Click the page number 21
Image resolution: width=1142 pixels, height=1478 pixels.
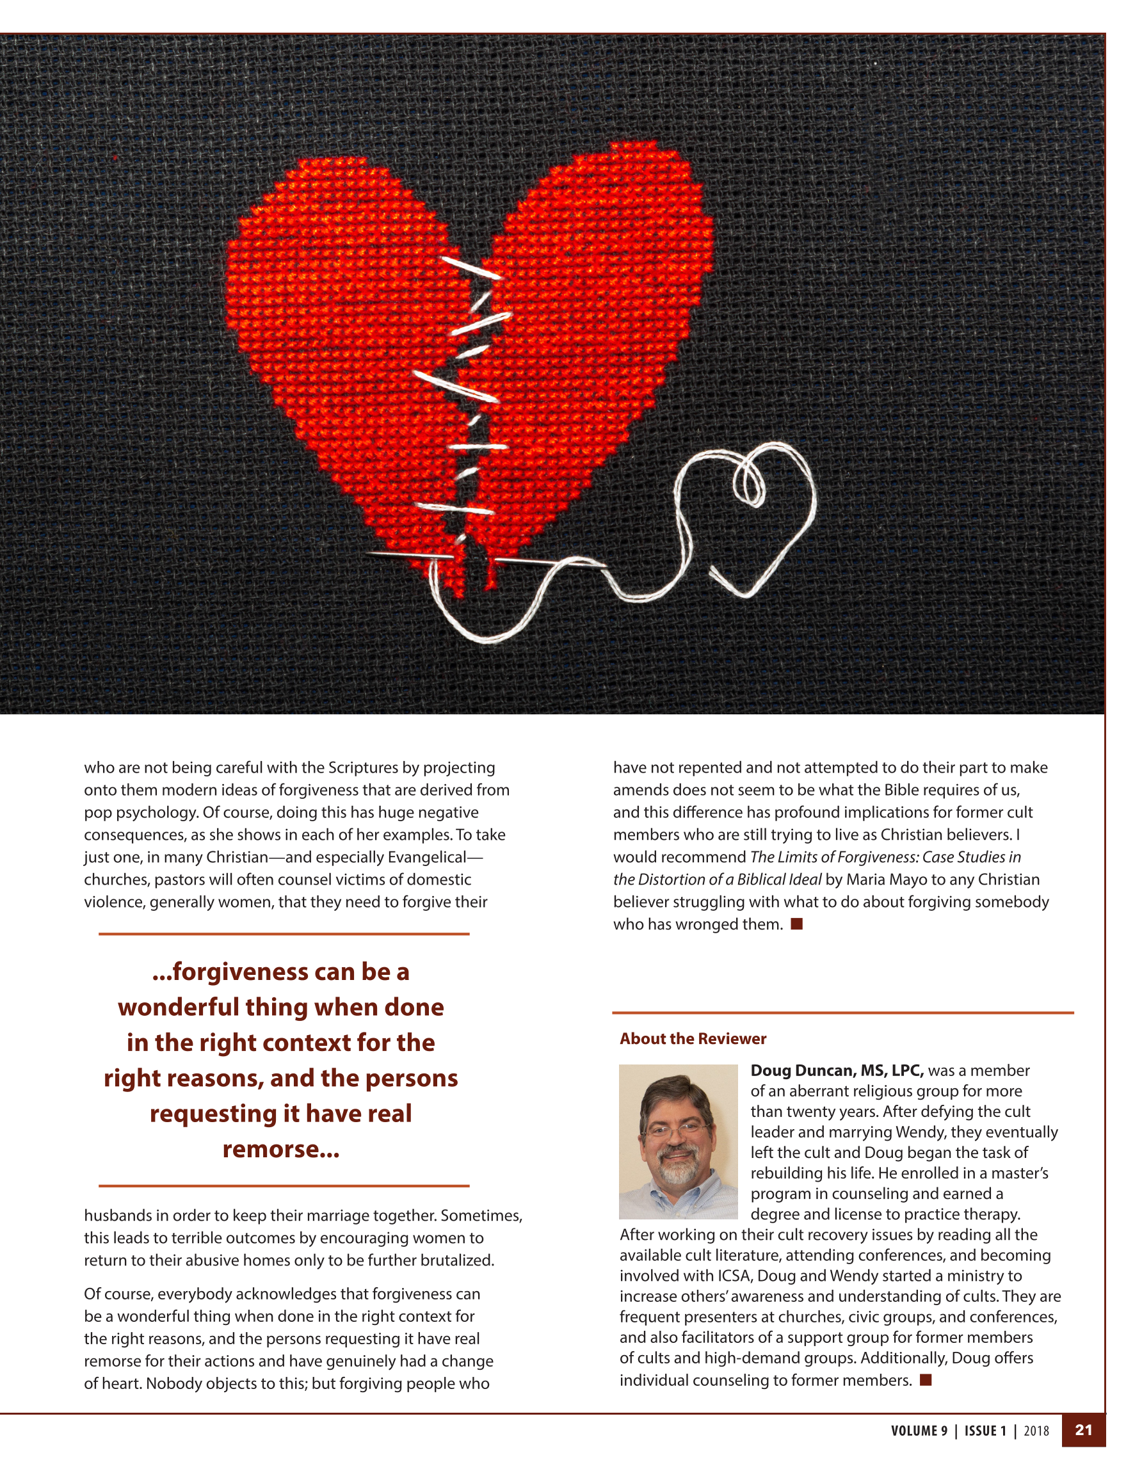(x=1083, y=1429)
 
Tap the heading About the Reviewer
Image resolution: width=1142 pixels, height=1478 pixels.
(x=693, y=1039)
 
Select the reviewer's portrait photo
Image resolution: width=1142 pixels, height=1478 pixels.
(x=678, y=1142)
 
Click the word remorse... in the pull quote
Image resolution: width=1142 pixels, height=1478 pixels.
(x=280, y=1149)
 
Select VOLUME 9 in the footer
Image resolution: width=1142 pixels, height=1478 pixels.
(x=919, y=1431)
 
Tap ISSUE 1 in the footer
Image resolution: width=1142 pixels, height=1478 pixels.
(x=985, y=1431)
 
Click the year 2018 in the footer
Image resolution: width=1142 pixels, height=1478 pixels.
(x=1036, y=1431)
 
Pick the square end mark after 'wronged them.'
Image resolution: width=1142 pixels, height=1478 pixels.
(x=797, y=924)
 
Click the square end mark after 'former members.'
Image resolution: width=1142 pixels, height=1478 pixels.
(x=926, y=1380)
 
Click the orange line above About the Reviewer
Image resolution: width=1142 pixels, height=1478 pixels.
(x=842, y=1013)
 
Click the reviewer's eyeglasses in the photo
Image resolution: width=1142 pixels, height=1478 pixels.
(x=677, y=1129)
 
